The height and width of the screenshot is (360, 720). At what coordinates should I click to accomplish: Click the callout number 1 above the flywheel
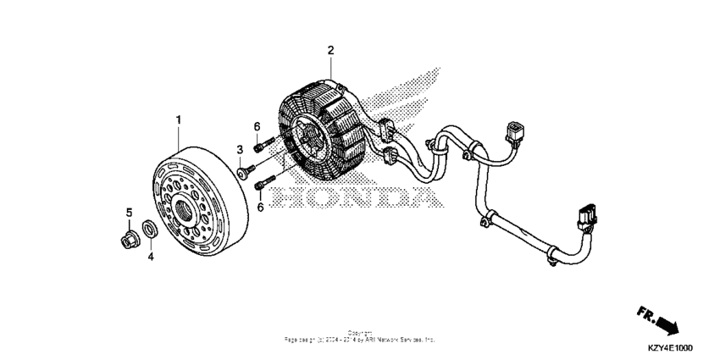(179, 120)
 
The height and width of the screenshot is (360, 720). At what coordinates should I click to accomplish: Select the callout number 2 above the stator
(331, 50)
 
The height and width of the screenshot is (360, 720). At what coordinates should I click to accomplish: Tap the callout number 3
(240, 150)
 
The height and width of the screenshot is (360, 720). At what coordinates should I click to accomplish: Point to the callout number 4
(151, 255)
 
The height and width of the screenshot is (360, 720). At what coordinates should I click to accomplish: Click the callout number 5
(130, 212)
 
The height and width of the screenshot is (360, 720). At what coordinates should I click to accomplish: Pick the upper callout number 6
(257, 127)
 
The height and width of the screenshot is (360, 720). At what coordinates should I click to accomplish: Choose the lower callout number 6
(261, 206)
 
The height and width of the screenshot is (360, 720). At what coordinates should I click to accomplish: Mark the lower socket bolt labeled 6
(267, 180)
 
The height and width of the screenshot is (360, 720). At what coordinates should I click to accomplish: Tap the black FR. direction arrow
(669, 325)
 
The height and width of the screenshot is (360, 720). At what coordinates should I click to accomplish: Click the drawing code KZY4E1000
(669, 348)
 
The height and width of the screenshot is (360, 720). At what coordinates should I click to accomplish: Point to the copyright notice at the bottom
(360, 336)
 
